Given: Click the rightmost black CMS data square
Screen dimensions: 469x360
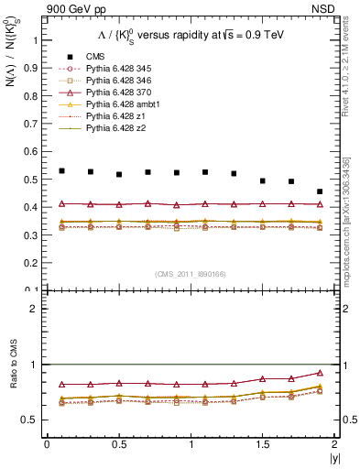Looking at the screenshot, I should coord(320,191).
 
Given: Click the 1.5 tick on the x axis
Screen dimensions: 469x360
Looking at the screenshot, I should coord(263,444).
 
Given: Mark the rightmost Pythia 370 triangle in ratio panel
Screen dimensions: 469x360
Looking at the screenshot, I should coord(320,373).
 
